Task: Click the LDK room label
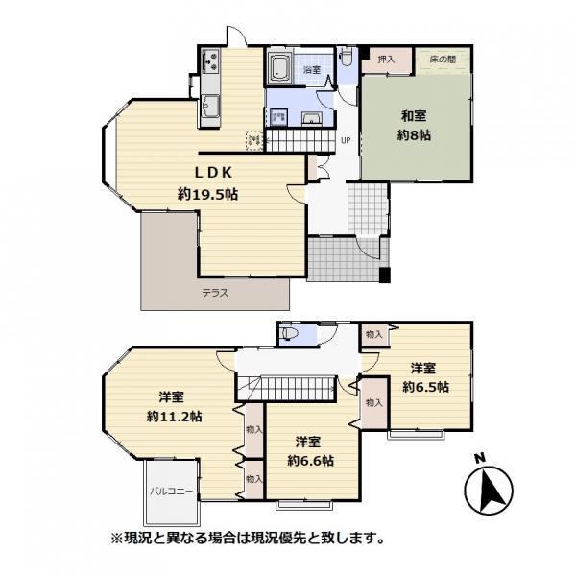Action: (x=213, y=172)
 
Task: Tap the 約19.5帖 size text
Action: (x=208, y=194)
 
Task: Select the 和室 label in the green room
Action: (x=414, y=116)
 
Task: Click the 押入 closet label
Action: (x=386, y=59)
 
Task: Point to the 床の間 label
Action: (x=443, y=59)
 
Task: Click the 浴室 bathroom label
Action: (x=312, y=69)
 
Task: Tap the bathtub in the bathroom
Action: (x=280, y=67)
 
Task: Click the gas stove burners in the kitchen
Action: (x=210, y=60)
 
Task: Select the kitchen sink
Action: (x=210, y=107)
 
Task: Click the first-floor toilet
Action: (x=346, y=57)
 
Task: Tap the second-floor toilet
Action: (x=290, y=334)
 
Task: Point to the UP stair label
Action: (x=346, y=140)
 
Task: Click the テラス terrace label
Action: (x=215, y=293)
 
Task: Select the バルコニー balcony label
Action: (x=172, y=492)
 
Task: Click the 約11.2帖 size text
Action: (x=174, y=417)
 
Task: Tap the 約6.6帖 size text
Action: (x=311, y=461)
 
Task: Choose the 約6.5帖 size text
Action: (x=425, y=387)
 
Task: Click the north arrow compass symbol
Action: (x=489, y=491)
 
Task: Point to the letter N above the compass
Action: (x=479, y=458)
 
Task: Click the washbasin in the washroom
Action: (x=312, y=118)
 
